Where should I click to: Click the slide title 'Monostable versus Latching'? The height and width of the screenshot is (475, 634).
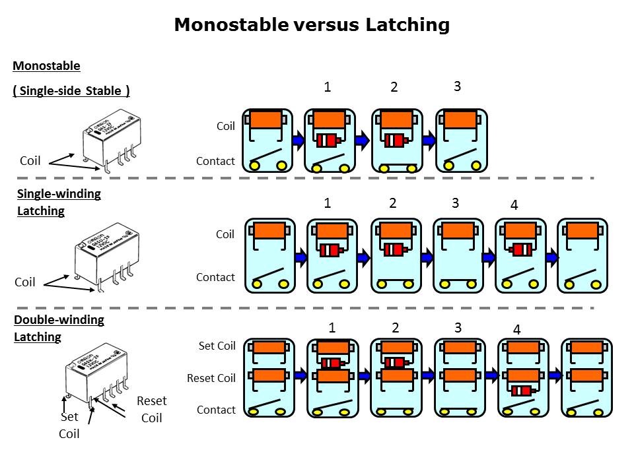point(312,25)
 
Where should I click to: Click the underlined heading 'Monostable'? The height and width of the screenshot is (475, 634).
point(46,66)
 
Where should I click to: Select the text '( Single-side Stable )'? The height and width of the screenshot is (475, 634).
point(71,91)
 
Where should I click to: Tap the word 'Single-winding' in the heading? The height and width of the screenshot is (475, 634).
point(59,194)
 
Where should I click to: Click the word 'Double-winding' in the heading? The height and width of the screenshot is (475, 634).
point(59,320)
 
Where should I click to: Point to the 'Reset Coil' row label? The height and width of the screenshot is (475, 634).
point(211,378)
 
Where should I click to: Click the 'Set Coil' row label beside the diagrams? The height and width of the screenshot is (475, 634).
point(217,346)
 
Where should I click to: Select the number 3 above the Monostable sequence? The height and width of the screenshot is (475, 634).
point(457,86)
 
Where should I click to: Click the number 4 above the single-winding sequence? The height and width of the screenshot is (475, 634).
point(514,205)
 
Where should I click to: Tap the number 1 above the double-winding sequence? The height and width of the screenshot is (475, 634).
point(332,328)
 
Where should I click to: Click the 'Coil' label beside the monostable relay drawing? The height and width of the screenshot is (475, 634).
point(30,161)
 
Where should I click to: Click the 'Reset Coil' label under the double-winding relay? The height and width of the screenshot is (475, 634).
point(151,409)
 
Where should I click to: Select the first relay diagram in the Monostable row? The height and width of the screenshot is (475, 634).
point(266,140)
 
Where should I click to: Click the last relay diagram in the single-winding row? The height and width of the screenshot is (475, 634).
point(583,256)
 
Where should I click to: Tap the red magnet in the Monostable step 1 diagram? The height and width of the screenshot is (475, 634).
point(328,141)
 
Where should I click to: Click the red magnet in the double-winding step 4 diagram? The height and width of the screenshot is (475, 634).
point(522,391)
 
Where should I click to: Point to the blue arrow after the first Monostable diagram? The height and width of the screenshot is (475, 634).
point(298,140)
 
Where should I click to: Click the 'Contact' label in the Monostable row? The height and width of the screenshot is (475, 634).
point(215,161)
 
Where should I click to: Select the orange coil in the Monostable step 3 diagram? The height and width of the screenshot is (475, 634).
point(460,119)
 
